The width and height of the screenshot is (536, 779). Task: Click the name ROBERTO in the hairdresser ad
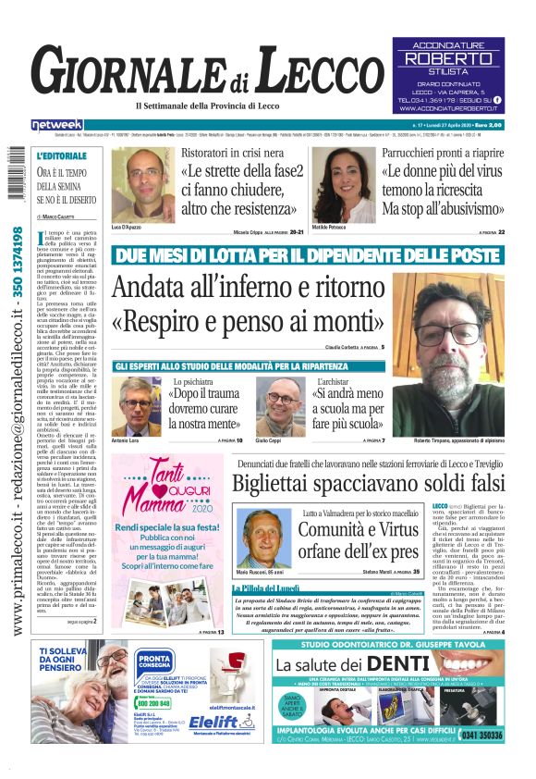[448, 57]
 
